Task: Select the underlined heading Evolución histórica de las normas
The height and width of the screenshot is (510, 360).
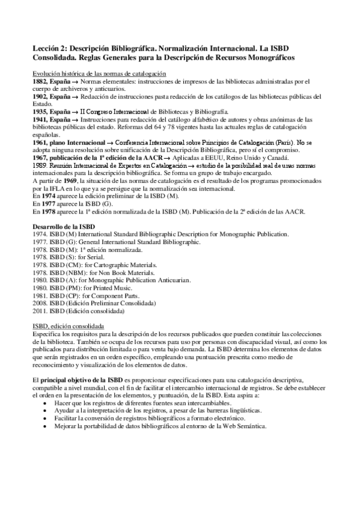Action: (99, 73)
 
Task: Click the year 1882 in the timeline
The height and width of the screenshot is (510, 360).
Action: (40, 81)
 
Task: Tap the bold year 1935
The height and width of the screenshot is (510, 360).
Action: (40, 112)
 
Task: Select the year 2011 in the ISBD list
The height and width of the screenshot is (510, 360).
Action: (40, 312)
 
